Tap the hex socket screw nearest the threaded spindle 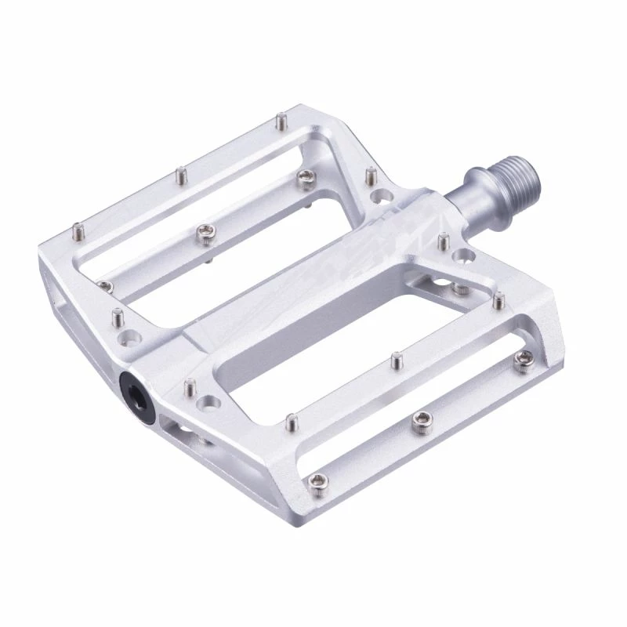520,360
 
